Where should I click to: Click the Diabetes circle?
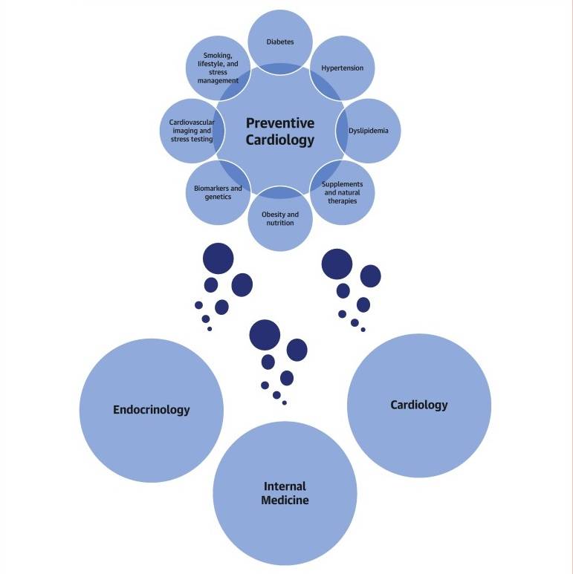pos(280,37)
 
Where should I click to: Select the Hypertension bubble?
pos(343,68)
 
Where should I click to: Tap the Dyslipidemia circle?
pos(374,131)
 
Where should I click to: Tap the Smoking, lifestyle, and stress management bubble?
pos(218,68)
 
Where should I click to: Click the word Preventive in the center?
pos(280,123)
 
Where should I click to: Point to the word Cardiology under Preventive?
pos(280,140)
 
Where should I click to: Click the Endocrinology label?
pos(152,409)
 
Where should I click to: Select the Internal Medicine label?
pos(285,493)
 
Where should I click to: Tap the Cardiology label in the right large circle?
pos(419,405)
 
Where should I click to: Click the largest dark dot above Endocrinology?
pos(218,258)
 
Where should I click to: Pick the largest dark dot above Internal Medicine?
pos(265,335)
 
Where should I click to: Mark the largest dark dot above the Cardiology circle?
pos(337,264)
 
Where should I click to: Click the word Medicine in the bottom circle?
pos(285,500)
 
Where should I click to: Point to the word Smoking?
pos(218,56)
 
